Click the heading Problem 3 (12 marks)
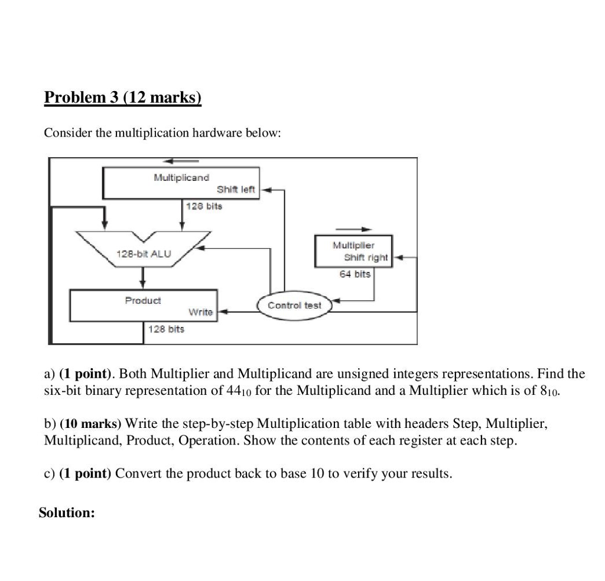(x=123, y=97)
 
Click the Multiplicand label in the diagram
(x=181, y=177)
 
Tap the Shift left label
(x=236, y=190)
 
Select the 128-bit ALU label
(x=144, y=254)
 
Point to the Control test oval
(x=294, y=305)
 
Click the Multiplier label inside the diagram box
(x=353, y=245)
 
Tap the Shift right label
(x=366, y=257)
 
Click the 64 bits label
(x=354, y=274)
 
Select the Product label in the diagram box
(x=142, y=300)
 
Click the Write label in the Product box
(x=200, y=311)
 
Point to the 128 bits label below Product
(x=167, y=329)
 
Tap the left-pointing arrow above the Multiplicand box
(x=181, y=161)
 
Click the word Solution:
(x=67, y=512)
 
